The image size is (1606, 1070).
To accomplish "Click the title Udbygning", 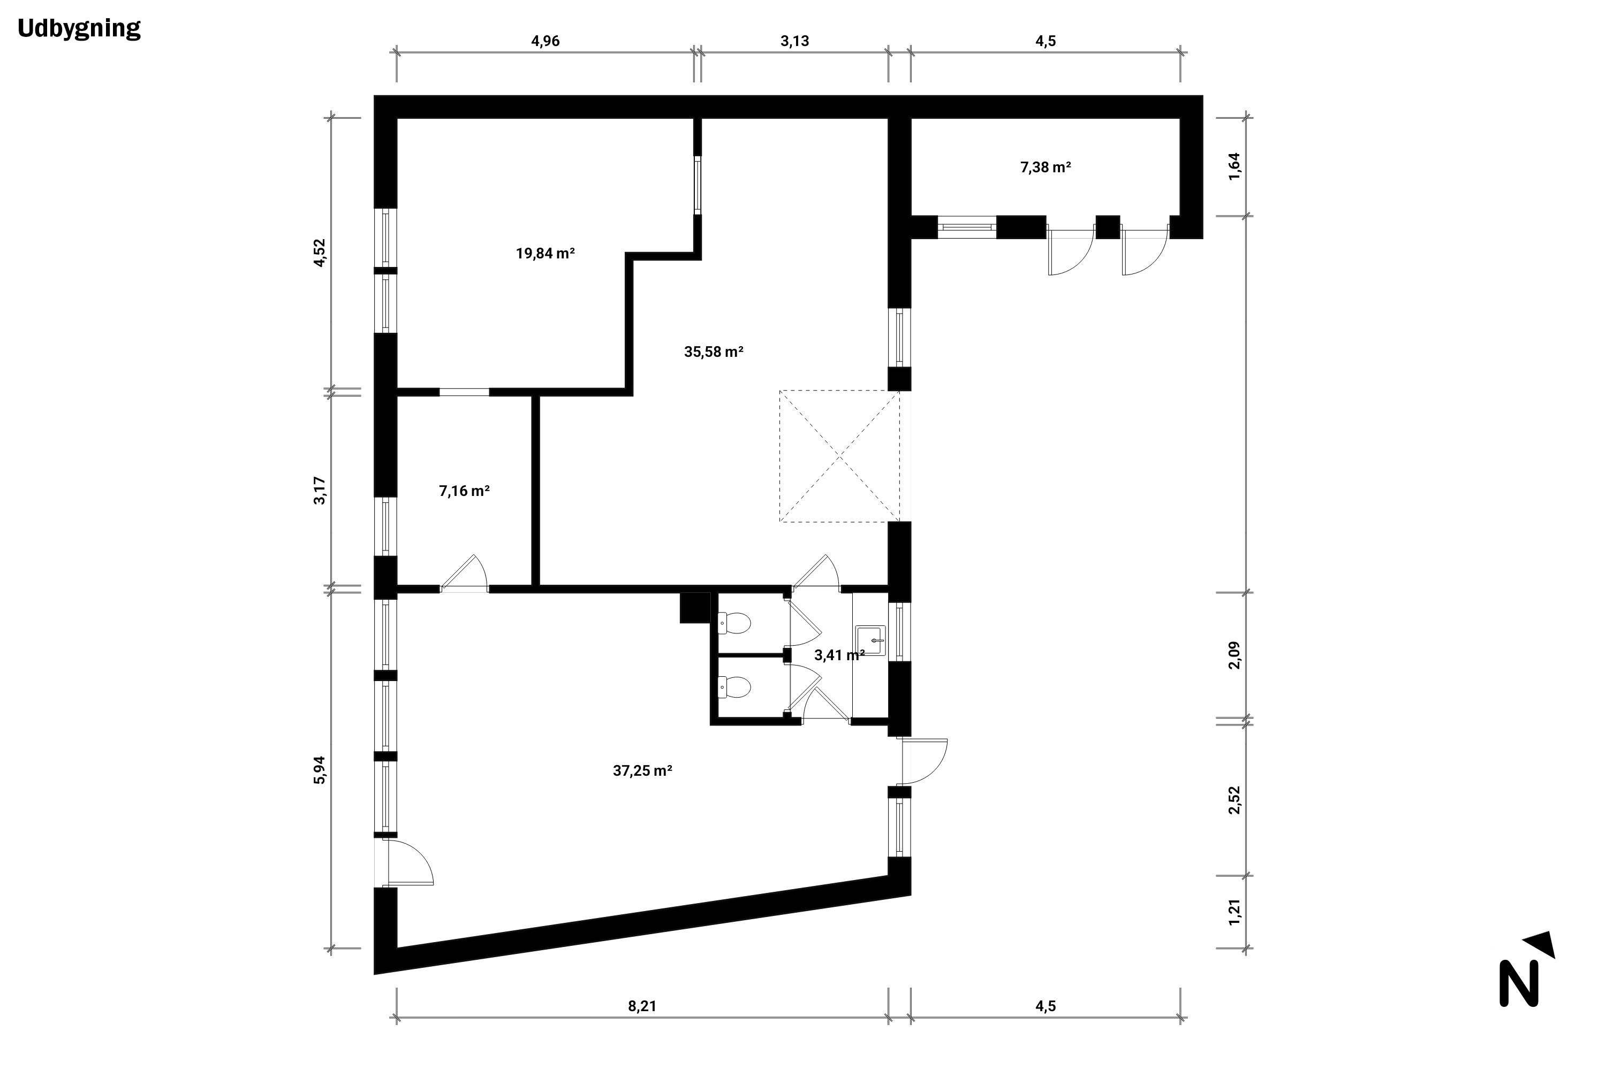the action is click(79, 29).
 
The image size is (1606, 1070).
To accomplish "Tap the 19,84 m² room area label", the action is click(545, 254).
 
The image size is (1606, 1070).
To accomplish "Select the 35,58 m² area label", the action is click(714, 352).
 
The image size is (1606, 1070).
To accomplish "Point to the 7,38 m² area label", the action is click(1046, 167).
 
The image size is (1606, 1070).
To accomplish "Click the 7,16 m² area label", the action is click(464, 491).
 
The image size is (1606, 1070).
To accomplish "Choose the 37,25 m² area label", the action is click(642, 771).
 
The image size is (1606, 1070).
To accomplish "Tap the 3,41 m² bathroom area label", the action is click(839, 655).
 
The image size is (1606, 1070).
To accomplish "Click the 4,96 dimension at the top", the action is click(546, 41).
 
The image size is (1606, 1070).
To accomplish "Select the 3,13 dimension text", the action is click(795, 41).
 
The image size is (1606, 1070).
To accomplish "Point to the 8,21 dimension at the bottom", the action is click(642, 1006).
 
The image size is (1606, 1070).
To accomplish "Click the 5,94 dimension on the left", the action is click(320, 770).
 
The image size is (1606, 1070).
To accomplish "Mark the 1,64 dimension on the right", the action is click(1234, 166).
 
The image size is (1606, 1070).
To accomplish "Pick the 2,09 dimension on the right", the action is click(1234, 655).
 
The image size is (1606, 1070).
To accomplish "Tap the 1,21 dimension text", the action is click(1234, 912).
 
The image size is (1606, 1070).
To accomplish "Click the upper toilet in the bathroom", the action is click(734, 622).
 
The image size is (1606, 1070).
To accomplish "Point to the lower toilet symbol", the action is click(734, 686).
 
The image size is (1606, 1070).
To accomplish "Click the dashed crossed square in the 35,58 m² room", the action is click(840, 456).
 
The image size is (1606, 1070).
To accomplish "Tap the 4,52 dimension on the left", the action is click(320, 253).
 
